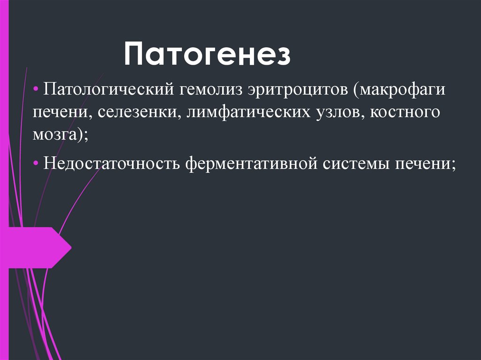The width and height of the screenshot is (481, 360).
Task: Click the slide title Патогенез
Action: (x=207, y=54)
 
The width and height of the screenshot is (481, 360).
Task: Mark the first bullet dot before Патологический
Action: (x=36, y=89)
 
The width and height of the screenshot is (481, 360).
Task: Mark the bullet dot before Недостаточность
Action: (x=36, y=164)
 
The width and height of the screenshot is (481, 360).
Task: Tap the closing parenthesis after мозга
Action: (x=82, y=135)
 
